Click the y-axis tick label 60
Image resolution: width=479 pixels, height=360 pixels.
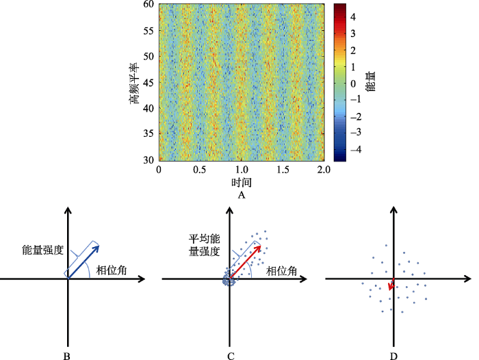pyautogui.click(x=148, y=4)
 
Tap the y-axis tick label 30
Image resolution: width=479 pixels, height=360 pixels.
pyautogui.click(x=148, y=159)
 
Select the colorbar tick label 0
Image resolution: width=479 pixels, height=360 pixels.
pyautogui.click(x=353, y=83)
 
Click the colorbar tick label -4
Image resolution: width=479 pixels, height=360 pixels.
pyautogui.click(x=351, y=149)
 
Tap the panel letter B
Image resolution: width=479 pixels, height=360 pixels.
pyautogui.click(x=67, y=356)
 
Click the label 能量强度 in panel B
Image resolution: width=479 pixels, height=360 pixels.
pyautogui.click(x=42, y=250)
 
